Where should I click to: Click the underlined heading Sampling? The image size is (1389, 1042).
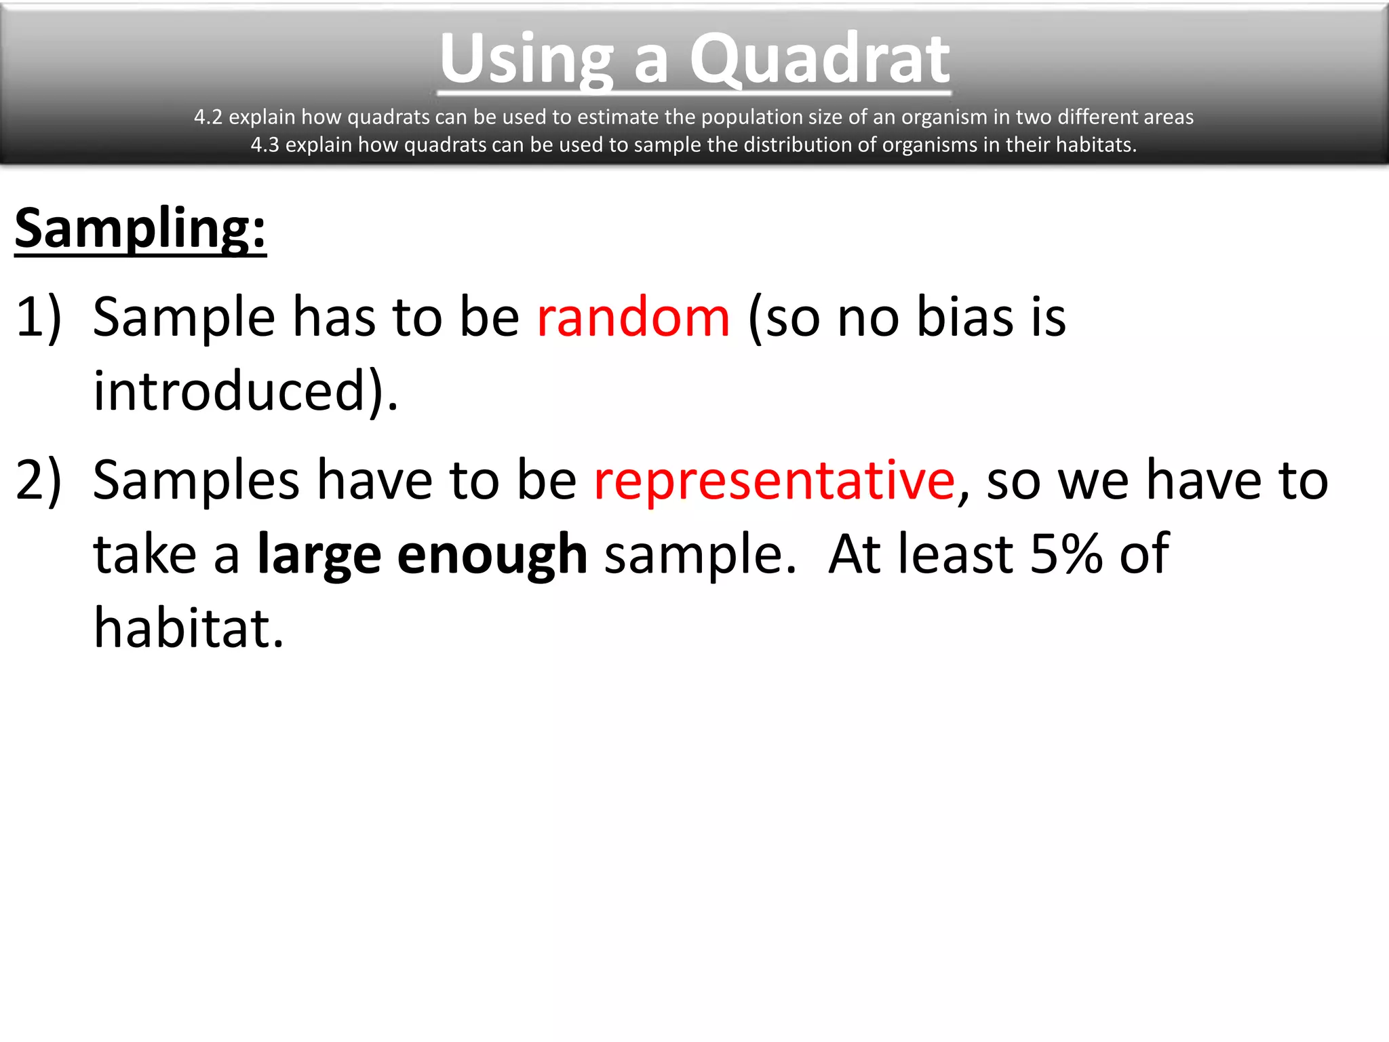[x=140, y=229]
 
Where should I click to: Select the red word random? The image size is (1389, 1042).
[x=633, y=317]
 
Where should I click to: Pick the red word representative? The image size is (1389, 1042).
[x=774, y=480]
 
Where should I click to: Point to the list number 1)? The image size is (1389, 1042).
[x=39, y=317]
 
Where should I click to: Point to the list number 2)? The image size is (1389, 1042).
[x=39, y=480]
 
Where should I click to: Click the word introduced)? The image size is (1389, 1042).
[x=246, y=391]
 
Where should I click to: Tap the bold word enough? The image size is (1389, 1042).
[x=492, y=555]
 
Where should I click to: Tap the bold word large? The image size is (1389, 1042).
[x=319, y=555]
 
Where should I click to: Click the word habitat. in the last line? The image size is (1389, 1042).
[x=188, y=628]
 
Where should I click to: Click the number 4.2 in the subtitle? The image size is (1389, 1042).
[x=208, y=117]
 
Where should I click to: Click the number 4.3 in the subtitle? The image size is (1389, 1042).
[x=265, y=144]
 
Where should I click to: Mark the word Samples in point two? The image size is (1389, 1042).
[x=196, y=480]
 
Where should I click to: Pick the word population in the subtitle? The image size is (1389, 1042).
[x=744, y=117]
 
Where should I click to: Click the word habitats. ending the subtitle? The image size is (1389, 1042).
[x=1096, y=144]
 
